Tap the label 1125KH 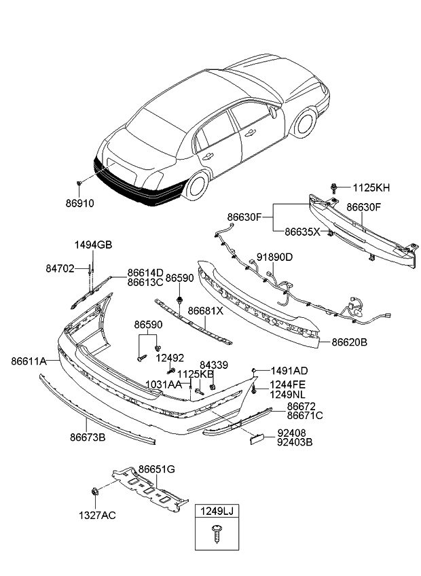[x=370, y=187]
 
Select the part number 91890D [x=274, y=258]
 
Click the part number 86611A [x=29, y=362]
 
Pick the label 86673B [x=88, y=438]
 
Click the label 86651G [x=157, y=469]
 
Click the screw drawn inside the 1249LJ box [x=217, y=534]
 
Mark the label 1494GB [x=93, y=245]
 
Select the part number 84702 [x=60, y=270]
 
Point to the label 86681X [x=205, y=310]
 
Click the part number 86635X [x=302, y=232]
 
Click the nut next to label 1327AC [x=93, y=491]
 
